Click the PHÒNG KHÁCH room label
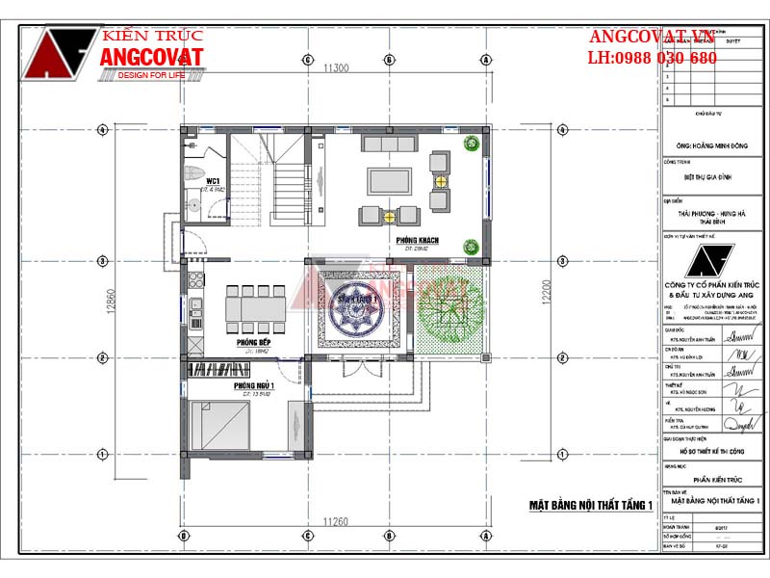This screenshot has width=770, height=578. pyautogui.click(x=411, y=237)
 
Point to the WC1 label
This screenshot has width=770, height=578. pyautogui.click(x=213, y=180)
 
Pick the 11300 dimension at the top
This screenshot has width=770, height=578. pyautogui.click(x=335, y=67)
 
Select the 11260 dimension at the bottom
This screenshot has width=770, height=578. pyautogui.click(x=335, y=521)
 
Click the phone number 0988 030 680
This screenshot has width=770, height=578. pyautogui.click(x=664, y=58)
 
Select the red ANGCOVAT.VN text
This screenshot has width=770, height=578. pyautogui.click(x=652, y=37)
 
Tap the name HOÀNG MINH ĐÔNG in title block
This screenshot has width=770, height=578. pyautogui.click(x=713, y=145)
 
